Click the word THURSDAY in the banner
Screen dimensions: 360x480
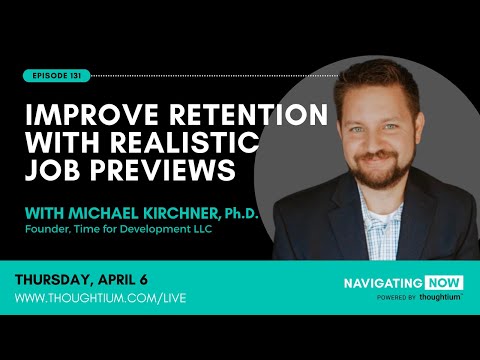(x=62, y=280)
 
